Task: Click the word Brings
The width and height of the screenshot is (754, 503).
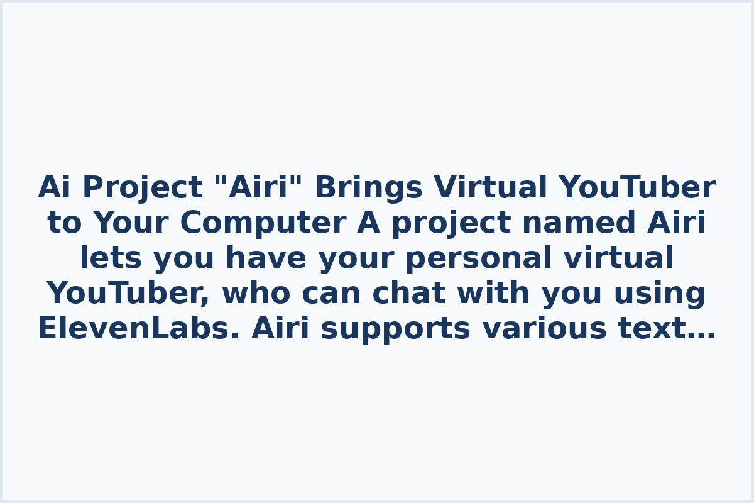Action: (369, 189)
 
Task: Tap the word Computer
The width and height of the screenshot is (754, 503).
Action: (262, 224)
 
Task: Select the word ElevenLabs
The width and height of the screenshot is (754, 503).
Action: (138, 329)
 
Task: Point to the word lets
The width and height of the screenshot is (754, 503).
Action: (111, 259)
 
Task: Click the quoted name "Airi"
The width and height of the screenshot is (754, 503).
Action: (259, 189)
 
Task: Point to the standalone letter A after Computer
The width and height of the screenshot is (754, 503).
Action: (368, 224)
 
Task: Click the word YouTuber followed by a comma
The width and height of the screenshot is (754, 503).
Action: (128, 294)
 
